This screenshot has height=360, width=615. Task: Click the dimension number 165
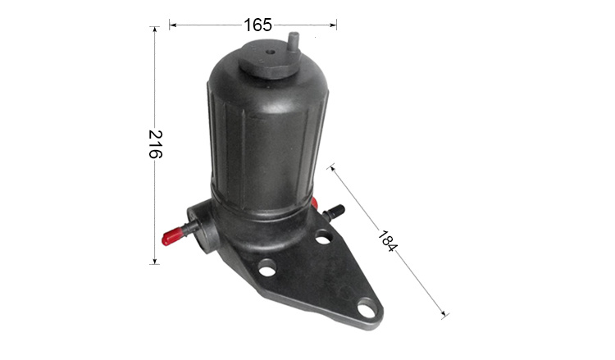coord(257,25)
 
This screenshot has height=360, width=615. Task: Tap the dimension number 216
coord(155,144)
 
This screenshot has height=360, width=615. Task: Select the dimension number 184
coord(388,241)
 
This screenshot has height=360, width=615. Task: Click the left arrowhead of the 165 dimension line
coord(172,25)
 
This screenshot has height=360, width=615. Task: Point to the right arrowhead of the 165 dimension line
coord(334,25)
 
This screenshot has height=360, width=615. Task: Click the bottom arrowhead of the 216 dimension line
coord(154,261)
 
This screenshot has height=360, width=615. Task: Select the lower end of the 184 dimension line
coord(444,315)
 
